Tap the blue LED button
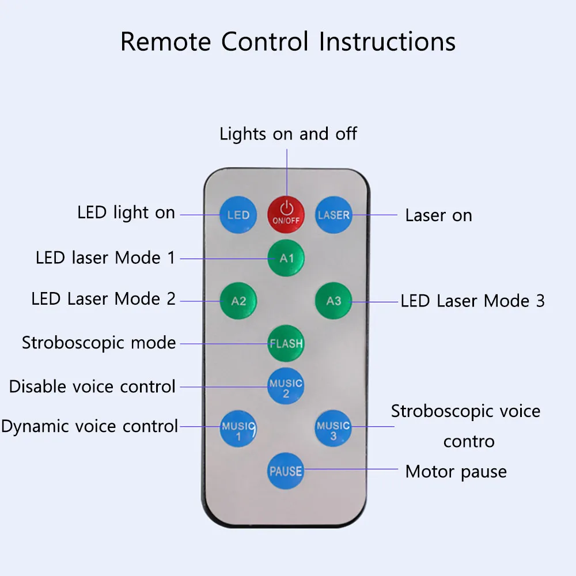click(x=238, y=215)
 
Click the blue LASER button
click(x=334, y=215)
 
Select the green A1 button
click(x=286, y=258)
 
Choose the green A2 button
click(x=238, y=301)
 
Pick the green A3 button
click(x=334, y=301)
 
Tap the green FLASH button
click(x=286, y=343)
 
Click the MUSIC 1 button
click(x=238, y=429)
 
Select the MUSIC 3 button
click(x=333, y=429)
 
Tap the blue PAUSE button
click(x=286, y=471)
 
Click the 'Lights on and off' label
click(x=289, y=134)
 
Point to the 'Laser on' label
click(x=438, y=215)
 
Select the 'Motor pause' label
click(x=456, y=472)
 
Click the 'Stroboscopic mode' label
click(x=99, y=343)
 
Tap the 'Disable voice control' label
click(x=92, y=386)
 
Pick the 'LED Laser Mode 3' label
click(x=472, y=301)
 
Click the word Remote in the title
click(x=166, y=41)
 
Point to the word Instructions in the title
click(x=387, y=41)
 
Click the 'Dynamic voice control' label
click(x=90, y=427)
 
